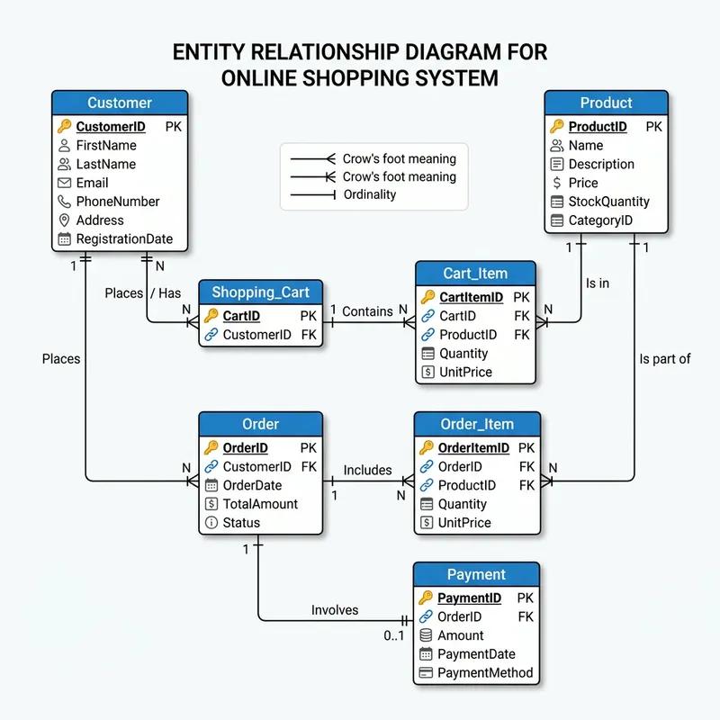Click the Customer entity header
[x=120, y=103]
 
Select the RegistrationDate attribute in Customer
[x=124, y=239]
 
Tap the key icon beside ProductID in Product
[x=557, y=127]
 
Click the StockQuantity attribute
[x=608, y=202]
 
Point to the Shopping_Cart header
[x=260, y=292]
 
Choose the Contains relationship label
[x=367, y=311]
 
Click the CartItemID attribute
[x=472, y=297]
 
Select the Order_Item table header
[x=477, y=425]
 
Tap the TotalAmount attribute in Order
[x=260, y=504]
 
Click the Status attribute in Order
[x=241, y=523]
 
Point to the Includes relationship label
[x=367, y=470]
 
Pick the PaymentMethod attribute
[x=485, y=673]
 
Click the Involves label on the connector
[x=335, y=610]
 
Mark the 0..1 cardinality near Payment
[x=393, y=635]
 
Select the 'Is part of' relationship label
[x=665, y=358]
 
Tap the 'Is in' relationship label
[x=598, y=283]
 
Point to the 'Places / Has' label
[x=142, y=292]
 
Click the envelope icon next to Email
[x=64, y=183]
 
